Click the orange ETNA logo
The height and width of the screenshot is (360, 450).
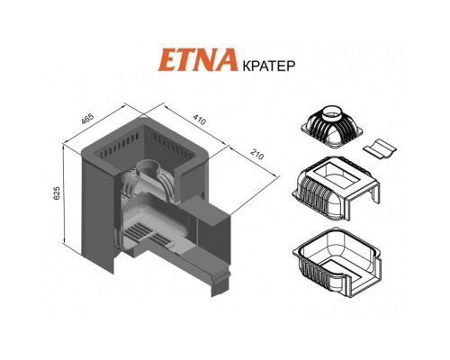coord(196,60)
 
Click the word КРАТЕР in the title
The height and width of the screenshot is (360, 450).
coord(267,66)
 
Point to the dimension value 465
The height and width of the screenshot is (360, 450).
coord(87,119)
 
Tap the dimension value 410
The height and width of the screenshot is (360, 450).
coord(199,120)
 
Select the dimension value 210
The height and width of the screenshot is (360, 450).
coord(257,155)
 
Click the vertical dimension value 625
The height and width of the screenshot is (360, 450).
coord(57,193)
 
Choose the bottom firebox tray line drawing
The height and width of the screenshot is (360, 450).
coord(337,261)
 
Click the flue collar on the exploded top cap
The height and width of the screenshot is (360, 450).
coord(334,113)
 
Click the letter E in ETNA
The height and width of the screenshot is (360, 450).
coord(166,60)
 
